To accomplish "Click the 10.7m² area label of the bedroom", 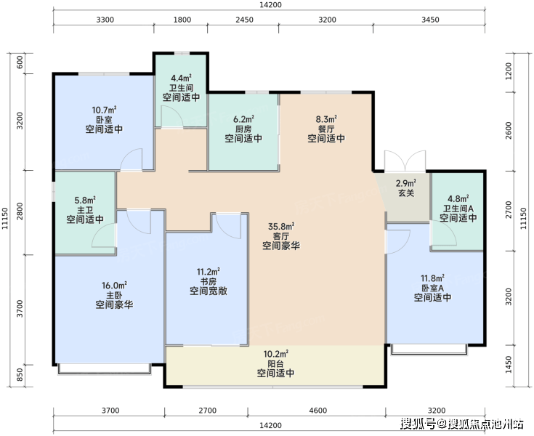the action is (104, 110).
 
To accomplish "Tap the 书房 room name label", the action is (209, 281).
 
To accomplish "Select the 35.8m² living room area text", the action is (281, 226).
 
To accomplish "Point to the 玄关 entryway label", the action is (406, 193).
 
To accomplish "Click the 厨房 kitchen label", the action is (243, 129).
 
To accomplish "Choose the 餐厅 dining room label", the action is (326, 129).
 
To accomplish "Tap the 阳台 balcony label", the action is (275, 363).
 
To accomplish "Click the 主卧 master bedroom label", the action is (114, 295).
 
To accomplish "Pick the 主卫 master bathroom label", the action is (85, 209).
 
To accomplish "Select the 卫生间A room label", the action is (458, 208).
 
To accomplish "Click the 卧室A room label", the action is (432, 288).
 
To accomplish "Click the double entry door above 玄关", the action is (405, 161).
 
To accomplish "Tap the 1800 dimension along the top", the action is (182, 20).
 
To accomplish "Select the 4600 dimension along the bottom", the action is (317, 411).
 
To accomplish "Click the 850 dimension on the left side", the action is (20, 375).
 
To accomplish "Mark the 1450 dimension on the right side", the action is (509, 365).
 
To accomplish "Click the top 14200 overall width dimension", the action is (270, 5).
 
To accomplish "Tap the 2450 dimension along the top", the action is (244, 20).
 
